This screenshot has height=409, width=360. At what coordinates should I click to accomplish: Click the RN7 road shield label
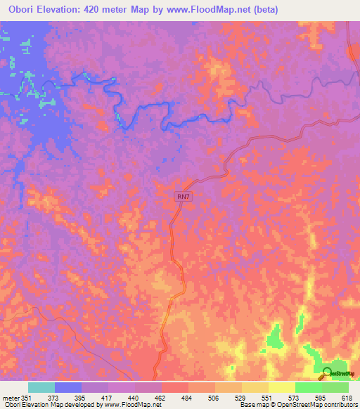tap(183, 199)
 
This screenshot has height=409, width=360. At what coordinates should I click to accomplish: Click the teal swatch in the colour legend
tap(41, 387)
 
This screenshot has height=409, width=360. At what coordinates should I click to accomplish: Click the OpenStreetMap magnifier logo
tap(328, 374)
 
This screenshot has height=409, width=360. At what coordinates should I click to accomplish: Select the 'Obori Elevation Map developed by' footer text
tap(53, 405)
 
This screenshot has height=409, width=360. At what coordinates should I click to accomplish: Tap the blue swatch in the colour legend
tap(68, 387)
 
